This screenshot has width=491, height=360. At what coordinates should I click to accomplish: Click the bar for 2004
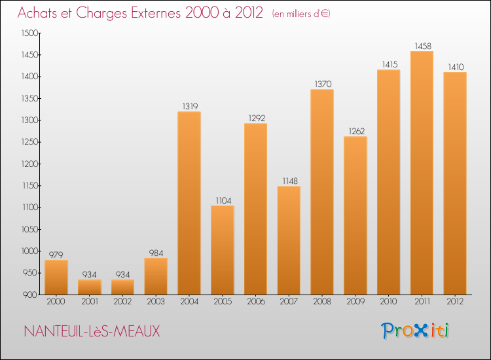pyautogui.click(x=189, y=203)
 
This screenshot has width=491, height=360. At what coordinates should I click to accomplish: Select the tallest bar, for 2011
pyautogui.click(x=422, y=173)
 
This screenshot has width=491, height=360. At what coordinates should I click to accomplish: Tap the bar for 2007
pyautogui.click(x=289, y=240)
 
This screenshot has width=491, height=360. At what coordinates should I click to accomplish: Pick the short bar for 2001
pyautogui.click(x=90, y=287)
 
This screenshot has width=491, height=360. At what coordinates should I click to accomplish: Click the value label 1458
pyautogui.click(x=423, y=46)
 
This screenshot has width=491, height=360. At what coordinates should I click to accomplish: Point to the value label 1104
pyautogui.click(x=223, y=201)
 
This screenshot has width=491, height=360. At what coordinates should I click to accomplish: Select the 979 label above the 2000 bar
pyautogui.click(x=56, y=255)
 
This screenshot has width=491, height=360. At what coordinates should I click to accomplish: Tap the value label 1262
pyautogui.click(x=357, y=131)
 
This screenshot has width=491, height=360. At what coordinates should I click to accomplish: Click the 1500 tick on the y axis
pyautogui.click(x=29, y=33)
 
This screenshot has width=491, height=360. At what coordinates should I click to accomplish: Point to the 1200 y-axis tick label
pyautogui.click(x=29, y=164)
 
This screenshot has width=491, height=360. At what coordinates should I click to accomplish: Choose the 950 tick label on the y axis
pyautogui.click(x=31, y=273)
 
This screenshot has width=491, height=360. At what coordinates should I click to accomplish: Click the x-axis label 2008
pyautogui.click(x=322, y=301)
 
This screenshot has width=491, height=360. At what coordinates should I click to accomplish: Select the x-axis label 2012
pyautogui.click(x=455, y=301)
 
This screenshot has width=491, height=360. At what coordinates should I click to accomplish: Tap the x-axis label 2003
pyautogui.click(x=156, y=301)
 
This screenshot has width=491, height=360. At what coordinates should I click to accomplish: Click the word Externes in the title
pyautogui.click(x=156, y=13)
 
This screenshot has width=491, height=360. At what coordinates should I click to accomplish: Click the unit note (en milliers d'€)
pyautogui.click(x=301, y=14)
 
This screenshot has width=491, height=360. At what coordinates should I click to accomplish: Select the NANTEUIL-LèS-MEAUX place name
pyautogui.click(x=92, y=331)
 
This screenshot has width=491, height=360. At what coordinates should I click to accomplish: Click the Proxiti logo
pyautogui.click(x=415, y=331)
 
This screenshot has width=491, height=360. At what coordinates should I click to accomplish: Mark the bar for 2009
pyautogui.click(x=355, y=216)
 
